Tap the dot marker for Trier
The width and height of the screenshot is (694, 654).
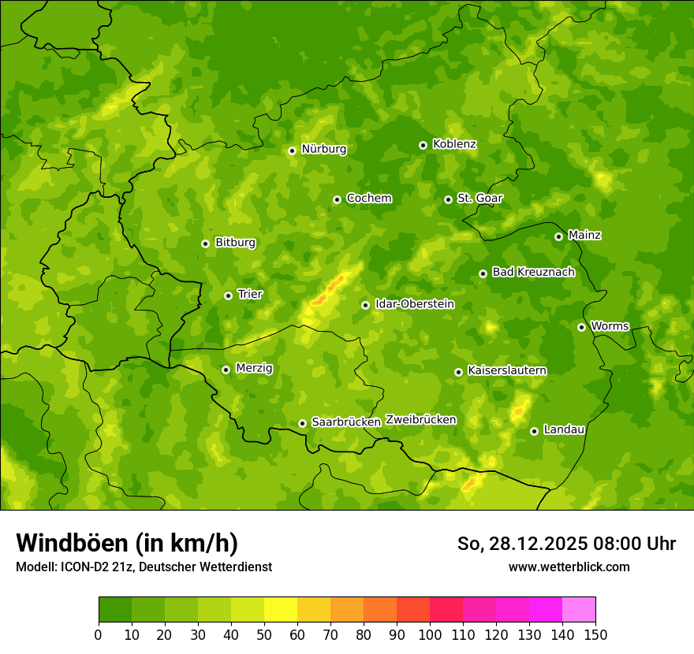pyautogui.click(x=228, y=295)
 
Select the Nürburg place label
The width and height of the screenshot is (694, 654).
pyautogui.click(x=323, y=149)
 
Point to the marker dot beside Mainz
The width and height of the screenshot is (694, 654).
pyautogui.click(x=558, y=236)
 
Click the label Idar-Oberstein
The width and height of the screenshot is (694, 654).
pyautogui.click(x=414, y=304)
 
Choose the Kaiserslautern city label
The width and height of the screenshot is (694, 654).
pyautogui.click(x=506, y=370)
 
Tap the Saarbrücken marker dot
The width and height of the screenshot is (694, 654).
pyautogui.click(x=302, y=423)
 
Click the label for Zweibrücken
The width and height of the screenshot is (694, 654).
pyautogui.click(x=420, y=420)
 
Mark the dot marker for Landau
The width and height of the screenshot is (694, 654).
pyautogui.click(x=534, y=431)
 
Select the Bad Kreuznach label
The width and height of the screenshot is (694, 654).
pyautogui.click(x=533, y=272)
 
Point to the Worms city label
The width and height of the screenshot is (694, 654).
pyautogui.click(x=609, y=326)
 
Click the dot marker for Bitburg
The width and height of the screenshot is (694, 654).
pyautogui.click(x=205, y=243)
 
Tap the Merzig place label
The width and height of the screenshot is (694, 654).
pyautogui.click(x=254, y=368)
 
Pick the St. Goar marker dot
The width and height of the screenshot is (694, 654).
pyautogui.click(x=448, y=199)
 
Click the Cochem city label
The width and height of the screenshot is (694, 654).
pyautogui.click(x=368, y=199)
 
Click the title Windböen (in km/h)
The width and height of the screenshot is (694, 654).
pyautogui.click(x=127, y=543)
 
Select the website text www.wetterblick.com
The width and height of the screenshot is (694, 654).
pyautogui.click(x=569, y=567)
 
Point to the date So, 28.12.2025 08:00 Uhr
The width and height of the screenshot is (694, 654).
pyautogui.click(x=566, y=544)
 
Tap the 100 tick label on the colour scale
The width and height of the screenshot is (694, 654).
pyautogui.click(x=430, y=634)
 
